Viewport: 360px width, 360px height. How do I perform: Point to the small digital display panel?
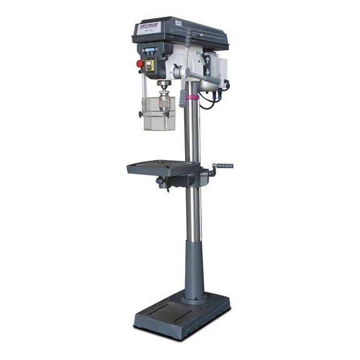coord(151,49)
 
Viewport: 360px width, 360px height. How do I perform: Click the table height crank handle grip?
coord(223,166)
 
